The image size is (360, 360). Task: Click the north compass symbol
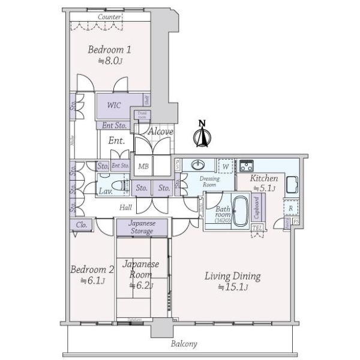[202, 135]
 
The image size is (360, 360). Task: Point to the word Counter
[110, 17]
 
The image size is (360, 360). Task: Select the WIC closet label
[114, 106]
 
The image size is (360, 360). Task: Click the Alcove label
[161, 131]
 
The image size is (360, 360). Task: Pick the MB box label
[144, 166]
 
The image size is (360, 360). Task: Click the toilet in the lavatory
[123, 187]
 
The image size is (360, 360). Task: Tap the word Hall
[125, 207]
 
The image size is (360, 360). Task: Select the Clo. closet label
[80, 226]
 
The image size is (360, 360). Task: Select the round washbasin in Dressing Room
[199, 165]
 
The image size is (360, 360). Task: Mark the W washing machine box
[225, 166]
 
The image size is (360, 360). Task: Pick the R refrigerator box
[290, 209]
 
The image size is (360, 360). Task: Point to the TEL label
[257, 228]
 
